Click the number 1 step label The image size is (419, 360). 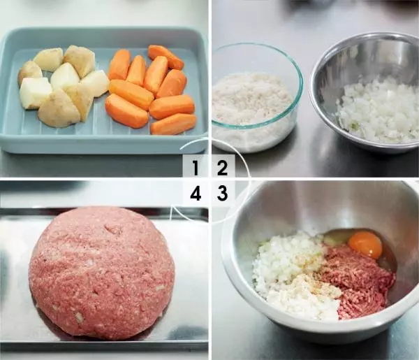(x=195, y=168)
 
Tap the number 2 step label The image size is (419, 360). (x=222, y=168)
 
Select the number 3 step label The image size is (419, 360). (x=222, y=193)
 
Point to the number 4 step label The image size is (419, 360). (x=196, y=193)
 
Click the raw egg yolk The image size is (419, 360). (x=365, y=243)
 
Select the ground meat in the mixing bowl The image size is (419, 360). (x=358, y=281)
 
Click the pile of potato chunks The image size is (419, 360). (x=63, y=85)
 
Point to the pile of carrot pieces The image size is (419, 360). (x=150, y=89)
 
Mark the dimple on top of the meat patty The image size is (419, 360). (x=114, y=229)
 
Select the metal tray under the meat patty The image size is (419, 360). (x=104, y=278)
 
